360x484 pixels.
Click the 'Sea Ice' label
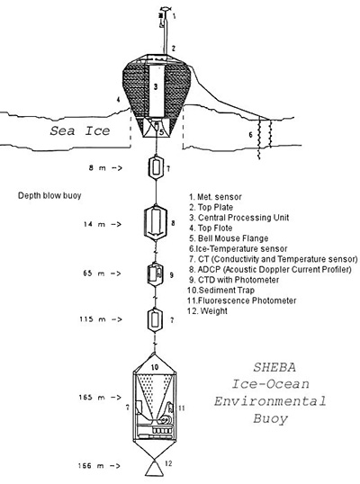click(x=80, y=130)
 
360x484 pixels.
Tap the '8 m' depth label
click(x=97, y=168)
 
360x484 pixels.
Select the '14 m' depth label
click(x=94, y=224)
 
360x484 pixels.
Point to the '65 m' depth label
click(x=94, y=273)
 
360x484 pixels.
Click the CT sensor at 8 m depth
click(x=156, y=168)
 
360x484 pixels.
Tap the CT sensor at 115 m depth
click(x=155, y=320)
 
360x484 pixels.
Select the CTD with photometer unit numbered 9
click(x=155, y=273)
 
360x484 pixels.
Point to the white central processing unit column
click(x=156, y=91)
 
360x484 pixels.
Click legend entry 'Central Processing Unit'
click(x=239, y=218)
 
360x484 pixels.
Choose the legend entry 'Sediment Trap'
click(x=220, y=291)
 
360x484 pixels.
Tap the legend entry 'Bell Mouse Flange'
click(x=229, y=238)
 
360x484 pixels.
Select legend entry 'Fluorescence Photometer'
click(x=242, y=300)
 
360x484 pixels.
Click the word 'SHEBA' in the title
click(x=274, y=367)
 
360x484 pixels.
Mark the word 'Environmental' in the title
click(x=270, y=401)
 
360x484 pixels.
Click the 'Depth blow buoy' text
click(x=49, y=196)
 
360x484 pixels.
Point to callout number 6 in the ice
click(x=251, y=135)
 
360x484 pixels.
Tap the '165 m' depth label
click(x=92, y=398)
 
